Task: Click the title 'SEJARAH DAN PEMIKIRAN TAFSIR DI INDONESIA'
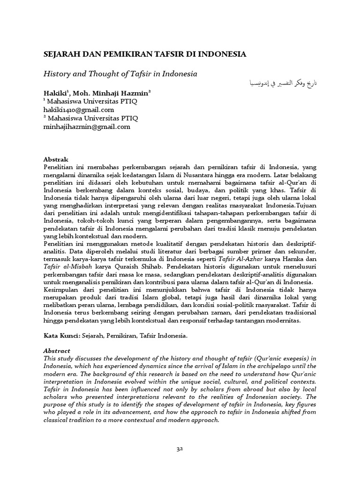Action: point(145,54)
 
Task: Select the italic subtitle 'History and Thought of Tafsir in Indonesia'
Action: point(120,74)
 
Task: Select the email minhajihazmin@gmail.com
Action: point(87,127)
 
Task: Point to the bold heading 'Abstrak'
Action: point(56,159)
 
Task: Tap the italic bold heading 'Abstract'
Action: point(57,350)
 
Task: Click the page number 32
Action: point(180,449)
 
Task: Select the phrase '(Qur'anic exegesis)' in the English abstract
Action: point(276,358)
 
